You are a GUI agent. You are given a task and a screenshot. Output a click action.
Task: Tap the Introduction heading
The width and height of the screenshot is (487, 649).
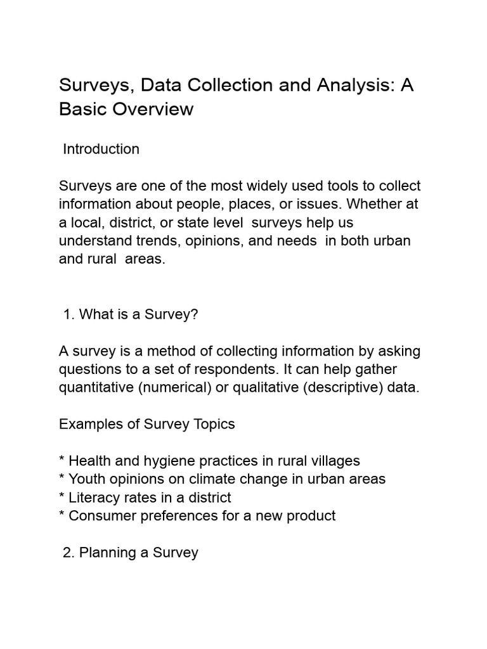101,150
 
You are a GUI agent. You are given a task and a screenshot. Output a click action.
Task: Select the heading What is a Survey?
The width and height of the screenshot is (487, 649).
131,315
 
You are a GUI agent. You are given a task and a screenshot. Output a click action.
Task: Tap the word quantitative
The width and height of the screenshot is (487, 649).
96,387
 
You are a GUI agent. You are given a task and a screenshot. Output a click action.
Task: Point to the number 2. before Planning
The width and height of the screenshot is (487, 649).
68,553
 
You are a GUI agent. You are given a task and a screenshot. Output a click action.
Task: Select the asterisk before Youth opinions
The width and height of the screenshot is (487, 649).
62,479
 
